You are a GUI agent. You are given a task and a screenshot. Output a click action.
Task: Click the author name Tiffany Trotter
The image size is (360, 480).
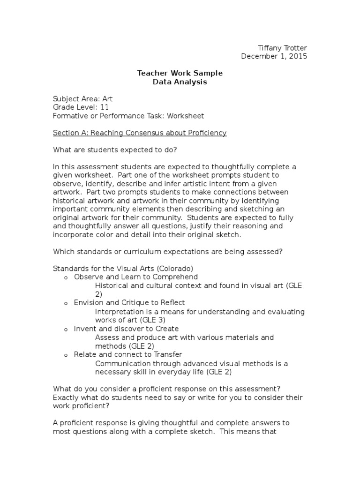[x=283, y=48]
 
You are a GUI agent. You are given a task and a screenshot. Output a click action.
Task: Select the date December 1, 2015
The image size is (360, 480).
[x=274, y=56]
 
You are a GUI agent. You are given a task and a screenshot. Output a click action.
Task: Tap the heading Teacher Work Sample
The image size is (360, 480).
[x=180, y=73]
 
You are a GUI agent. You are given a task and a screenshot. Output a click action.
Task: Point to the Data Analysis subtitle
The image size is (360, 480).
[x=180, y=82]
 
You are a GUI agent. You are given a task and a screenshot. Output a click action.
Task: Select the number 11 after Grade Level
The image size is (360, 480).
[x=105, y=107]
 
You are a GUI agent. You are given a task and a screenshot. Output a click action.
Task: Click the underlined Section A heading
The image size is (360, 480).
[x=140, y=133]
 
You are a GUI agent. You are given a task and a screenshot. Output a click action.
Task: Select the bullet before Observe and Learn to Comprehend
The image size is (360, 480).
[x=66, y=277]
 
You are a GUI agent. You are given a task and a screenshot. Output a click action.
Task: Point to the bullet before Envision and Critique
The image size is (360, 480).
[x=66, y=303]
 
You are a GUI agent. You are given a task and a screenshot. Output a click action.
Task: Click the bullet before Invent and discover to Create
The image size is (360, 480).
[x=66, y=329]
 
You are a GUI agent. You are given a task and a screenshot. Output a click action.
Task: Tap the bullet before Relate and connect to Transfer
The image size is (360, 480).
[x=66, y=355]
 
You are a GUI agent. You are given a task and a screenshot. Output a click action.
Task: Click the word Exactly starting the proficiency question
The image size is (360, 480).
[x=67, y=398]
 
